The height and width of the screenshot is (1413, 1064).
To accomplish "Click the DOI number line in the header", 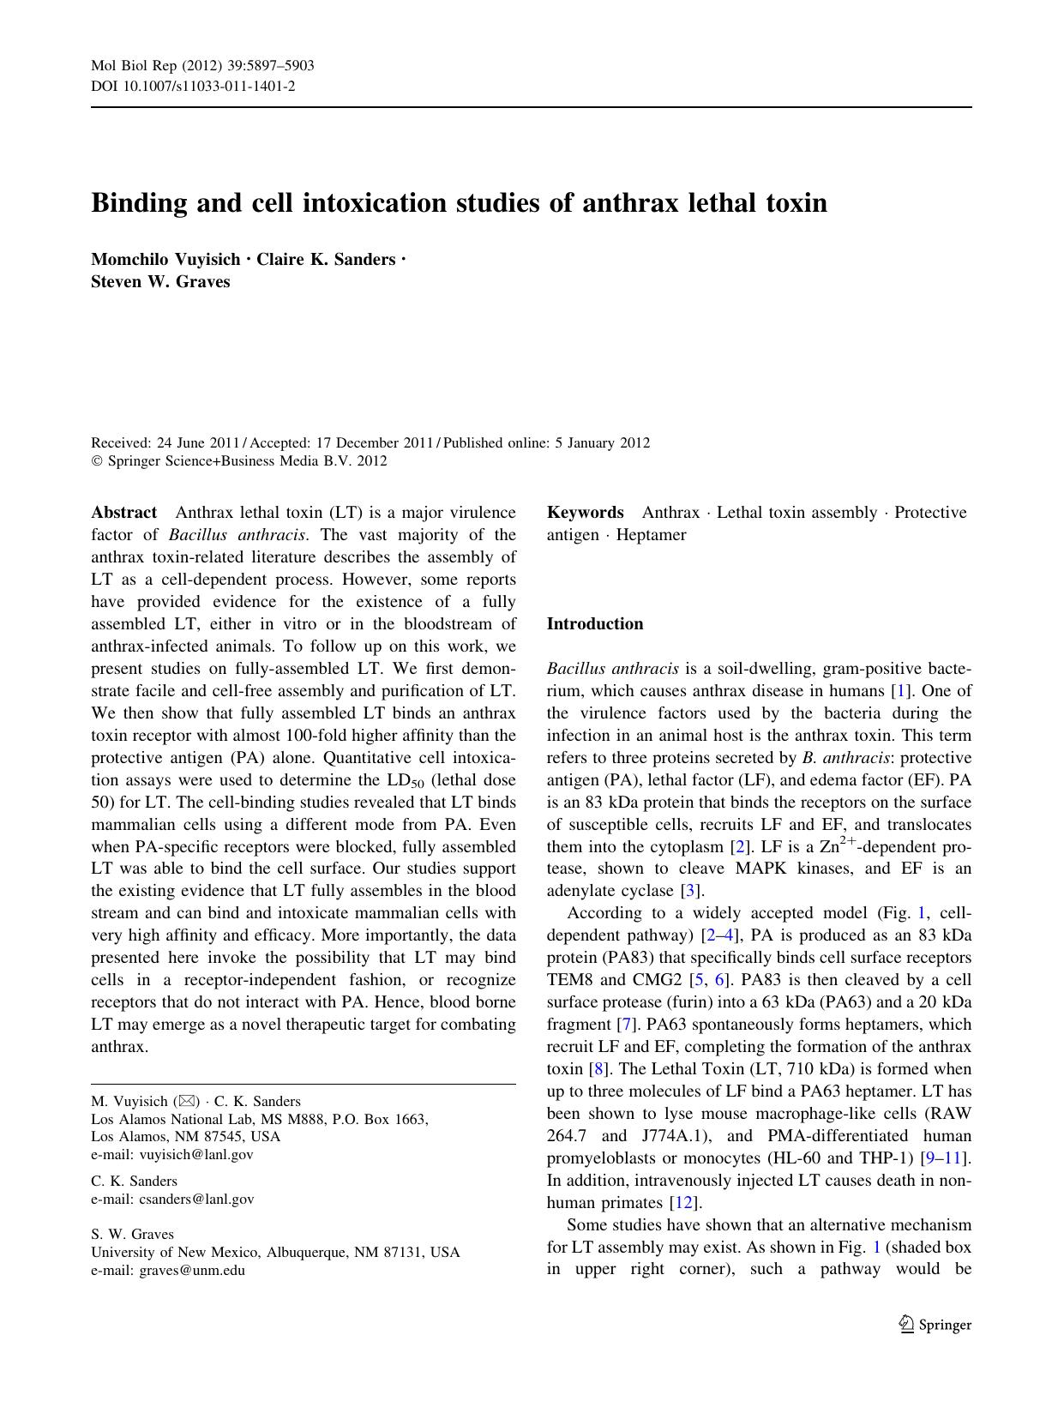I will (193, 86).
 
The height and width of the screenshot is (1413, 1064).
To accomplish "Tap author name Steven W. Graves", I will (160, 281).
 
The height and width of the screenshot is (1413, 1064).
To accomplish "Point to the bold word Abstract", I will (123, 513).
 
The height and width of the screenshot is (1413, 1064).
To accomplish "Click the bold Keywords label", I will (585, 513).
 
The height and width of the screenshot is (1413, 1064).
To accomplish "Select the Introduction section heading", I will (594, 624).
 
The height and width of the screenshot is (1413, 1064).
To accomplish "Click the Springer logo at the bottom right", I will (935, 1325).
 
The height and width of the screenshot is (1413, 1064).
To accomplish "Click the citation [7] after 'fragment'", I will (625, 1025).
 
